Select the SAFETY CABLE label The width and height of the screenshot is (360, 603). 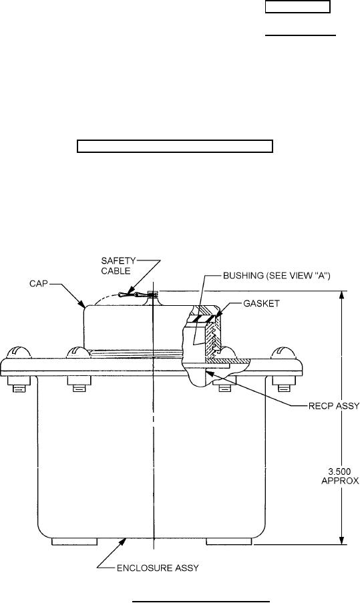coord(118,266)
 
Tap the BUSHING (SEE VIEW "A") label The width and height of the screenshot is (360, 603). coord(277,276)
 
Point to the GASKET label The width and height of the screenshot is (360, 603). coord(261,303)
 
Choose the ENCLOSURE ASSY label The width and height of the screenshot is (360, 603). coord(158,568)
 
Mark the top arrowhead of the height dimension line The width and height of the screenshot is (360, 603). coord(341,296)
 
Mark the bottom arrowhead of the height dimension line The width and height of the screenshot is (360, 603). coord(341,540)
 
